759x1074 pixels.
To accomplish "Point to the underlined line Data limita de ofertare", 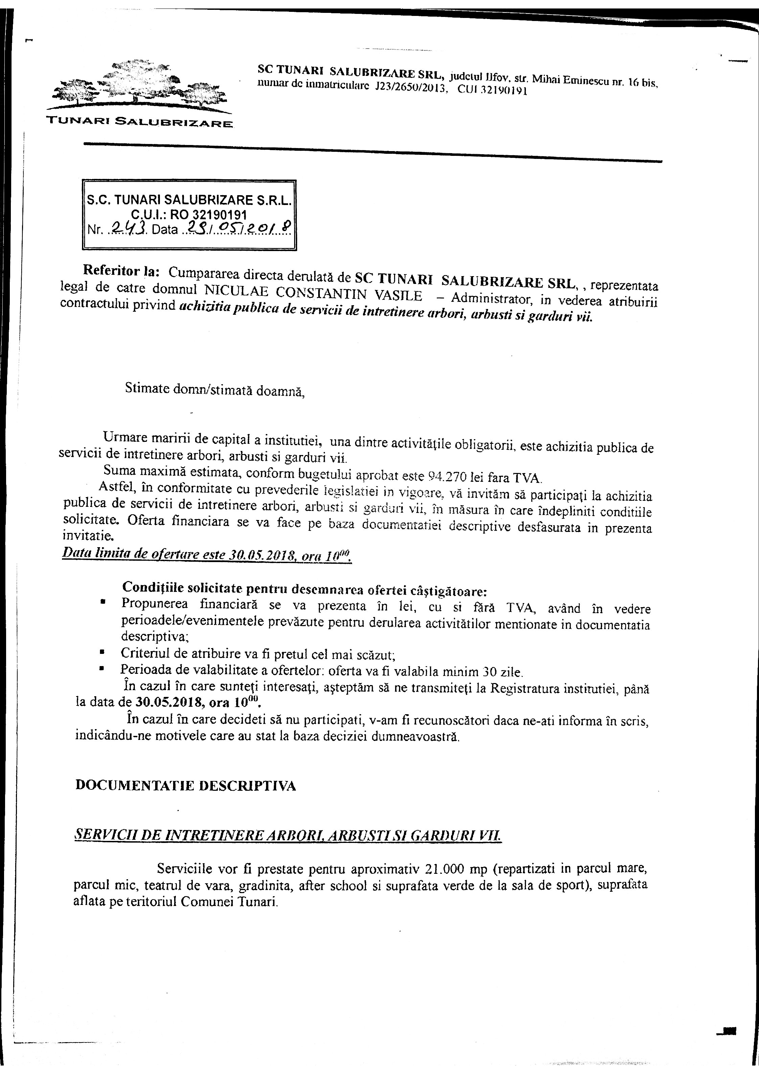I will [x=206, y=555].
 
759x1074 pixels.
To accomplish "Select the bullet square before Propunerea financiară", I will [x=102, y=603].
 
